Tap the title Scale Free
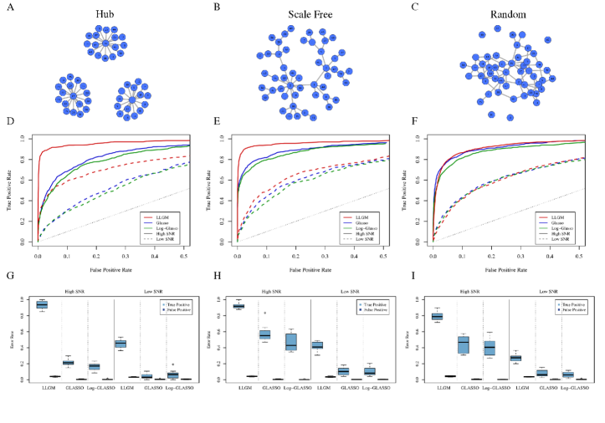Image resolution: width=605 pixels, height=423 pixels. (300, 14)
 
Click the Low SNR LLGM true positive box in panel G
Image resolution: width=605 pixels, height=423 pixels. (120, 344)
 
